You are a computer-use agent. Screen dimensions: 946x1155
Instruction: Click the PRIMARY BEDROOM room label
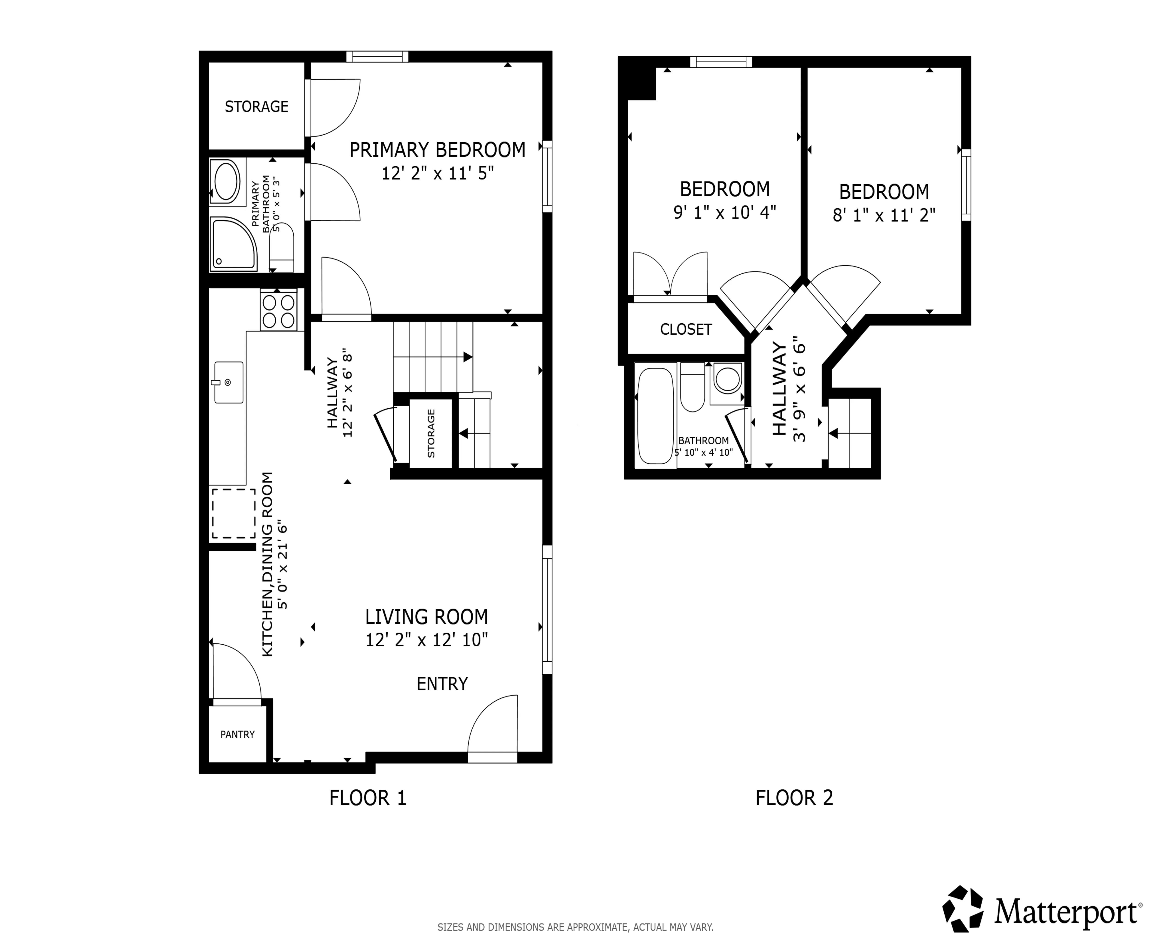point(437,150)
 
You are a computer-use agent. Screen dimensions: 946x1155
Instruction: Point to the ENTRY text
point(442,684)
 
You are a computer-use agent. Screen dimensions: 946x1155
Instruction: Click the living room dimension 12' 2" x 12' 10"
point(426,640)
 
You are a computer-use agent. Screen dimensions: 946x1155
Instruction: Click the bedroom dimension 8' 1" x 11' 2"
point(884,215)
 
